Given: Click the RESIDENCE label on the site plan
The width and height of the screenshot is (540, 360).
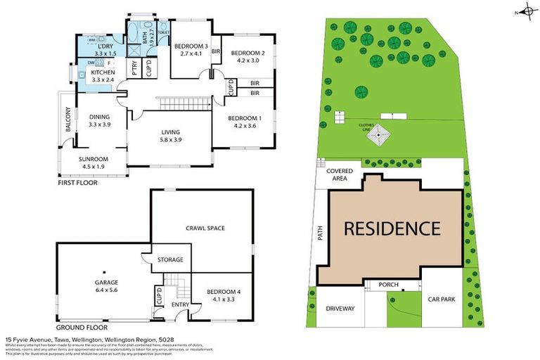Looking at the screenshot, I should [392, 229].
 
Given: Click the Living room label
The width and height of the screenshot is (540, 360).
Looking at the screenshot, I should [172, 131].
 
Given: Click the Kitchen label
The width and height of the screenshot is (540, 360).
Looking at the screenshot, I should [103, 72].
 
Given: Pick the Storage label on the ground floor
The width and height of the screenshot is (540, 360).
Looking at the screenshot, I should [169, 260].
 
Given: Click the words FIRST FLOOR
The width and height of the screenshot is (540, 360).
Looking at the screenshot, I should [78, 183].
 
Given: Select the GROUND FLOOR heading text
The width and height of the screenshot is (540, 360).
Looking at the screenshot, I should [82, 328].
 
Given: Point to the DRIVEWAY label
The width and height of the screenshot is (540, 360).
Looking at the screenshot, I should [340, 309].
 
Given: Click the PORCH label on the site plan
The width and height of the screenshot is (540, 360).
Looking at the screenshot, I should [388, 285].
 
